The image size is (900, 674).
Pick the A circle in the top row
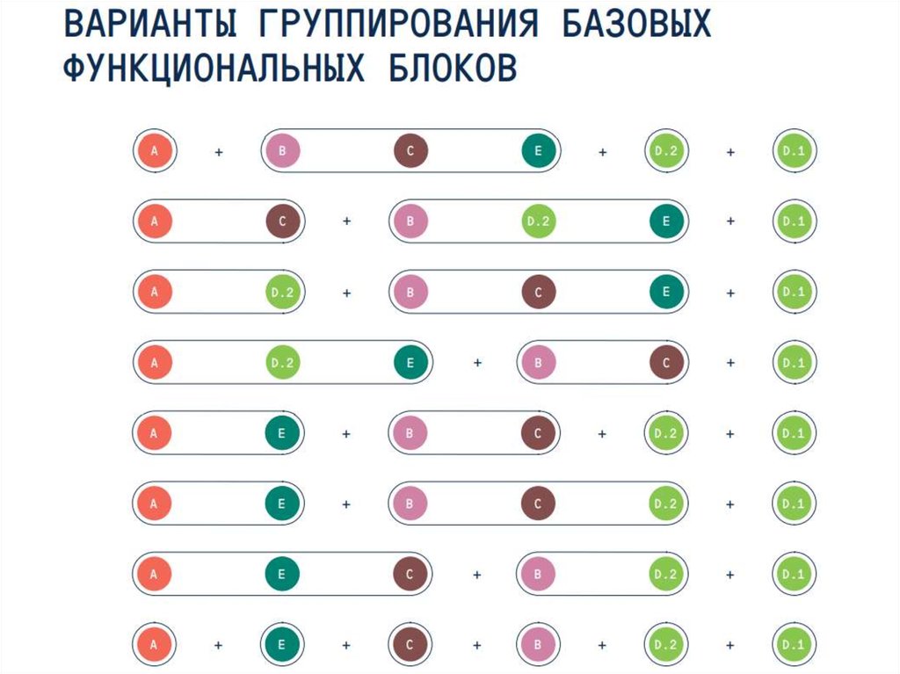[155, 151]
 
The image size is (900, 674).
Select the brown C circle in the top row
[410, 151]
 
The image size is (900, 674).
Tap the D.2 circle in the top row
[666, 151]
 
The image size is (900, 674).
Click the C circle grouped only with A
[283, 221]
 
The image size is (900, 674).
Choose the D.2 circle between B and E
[539, 221]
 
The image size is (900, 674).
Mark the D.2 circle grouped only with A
[283, 292]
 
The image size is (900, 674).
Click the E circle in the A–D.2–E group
[410, 362]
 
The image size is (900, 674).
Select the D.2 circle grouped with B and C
[666, 504]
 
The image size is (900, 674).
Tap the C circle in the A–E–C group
[410, 574]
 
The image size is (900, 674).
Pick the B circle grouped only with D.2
[539, 574]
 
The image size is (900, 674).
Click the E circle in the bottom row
[283, 644]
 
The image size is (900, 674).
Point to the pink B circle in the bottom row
[539, 644]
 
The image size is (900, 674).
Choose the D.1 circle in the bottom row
[794, 644]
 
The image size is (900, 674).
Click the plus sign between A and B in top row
[219, 152]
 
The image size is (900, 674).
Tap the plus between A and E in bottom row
[219, 645]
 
